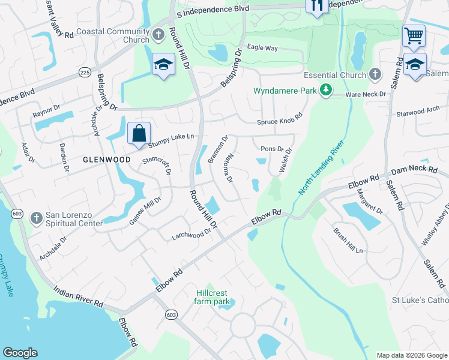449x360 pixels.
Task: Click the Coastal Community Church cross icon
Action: pos(159,35)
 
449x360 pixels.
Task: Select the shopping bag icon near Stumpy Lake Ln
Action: pos(139,133)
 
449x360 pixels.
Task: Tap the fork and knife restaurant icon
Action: pos(316,5)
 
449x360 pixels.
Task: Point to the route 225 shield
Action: pos(85,71)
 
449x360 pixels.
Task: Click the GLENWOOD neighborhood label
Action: pos(107,160)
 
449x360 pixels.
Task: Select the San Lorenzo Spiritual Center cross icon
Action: pos(36,217)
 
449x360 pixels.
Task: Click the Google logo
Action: pos(20,353)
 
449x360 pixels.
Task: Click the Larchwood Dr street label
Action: pos(192,233)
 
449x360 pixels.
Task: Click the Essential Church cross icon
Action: pos(375,74)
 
